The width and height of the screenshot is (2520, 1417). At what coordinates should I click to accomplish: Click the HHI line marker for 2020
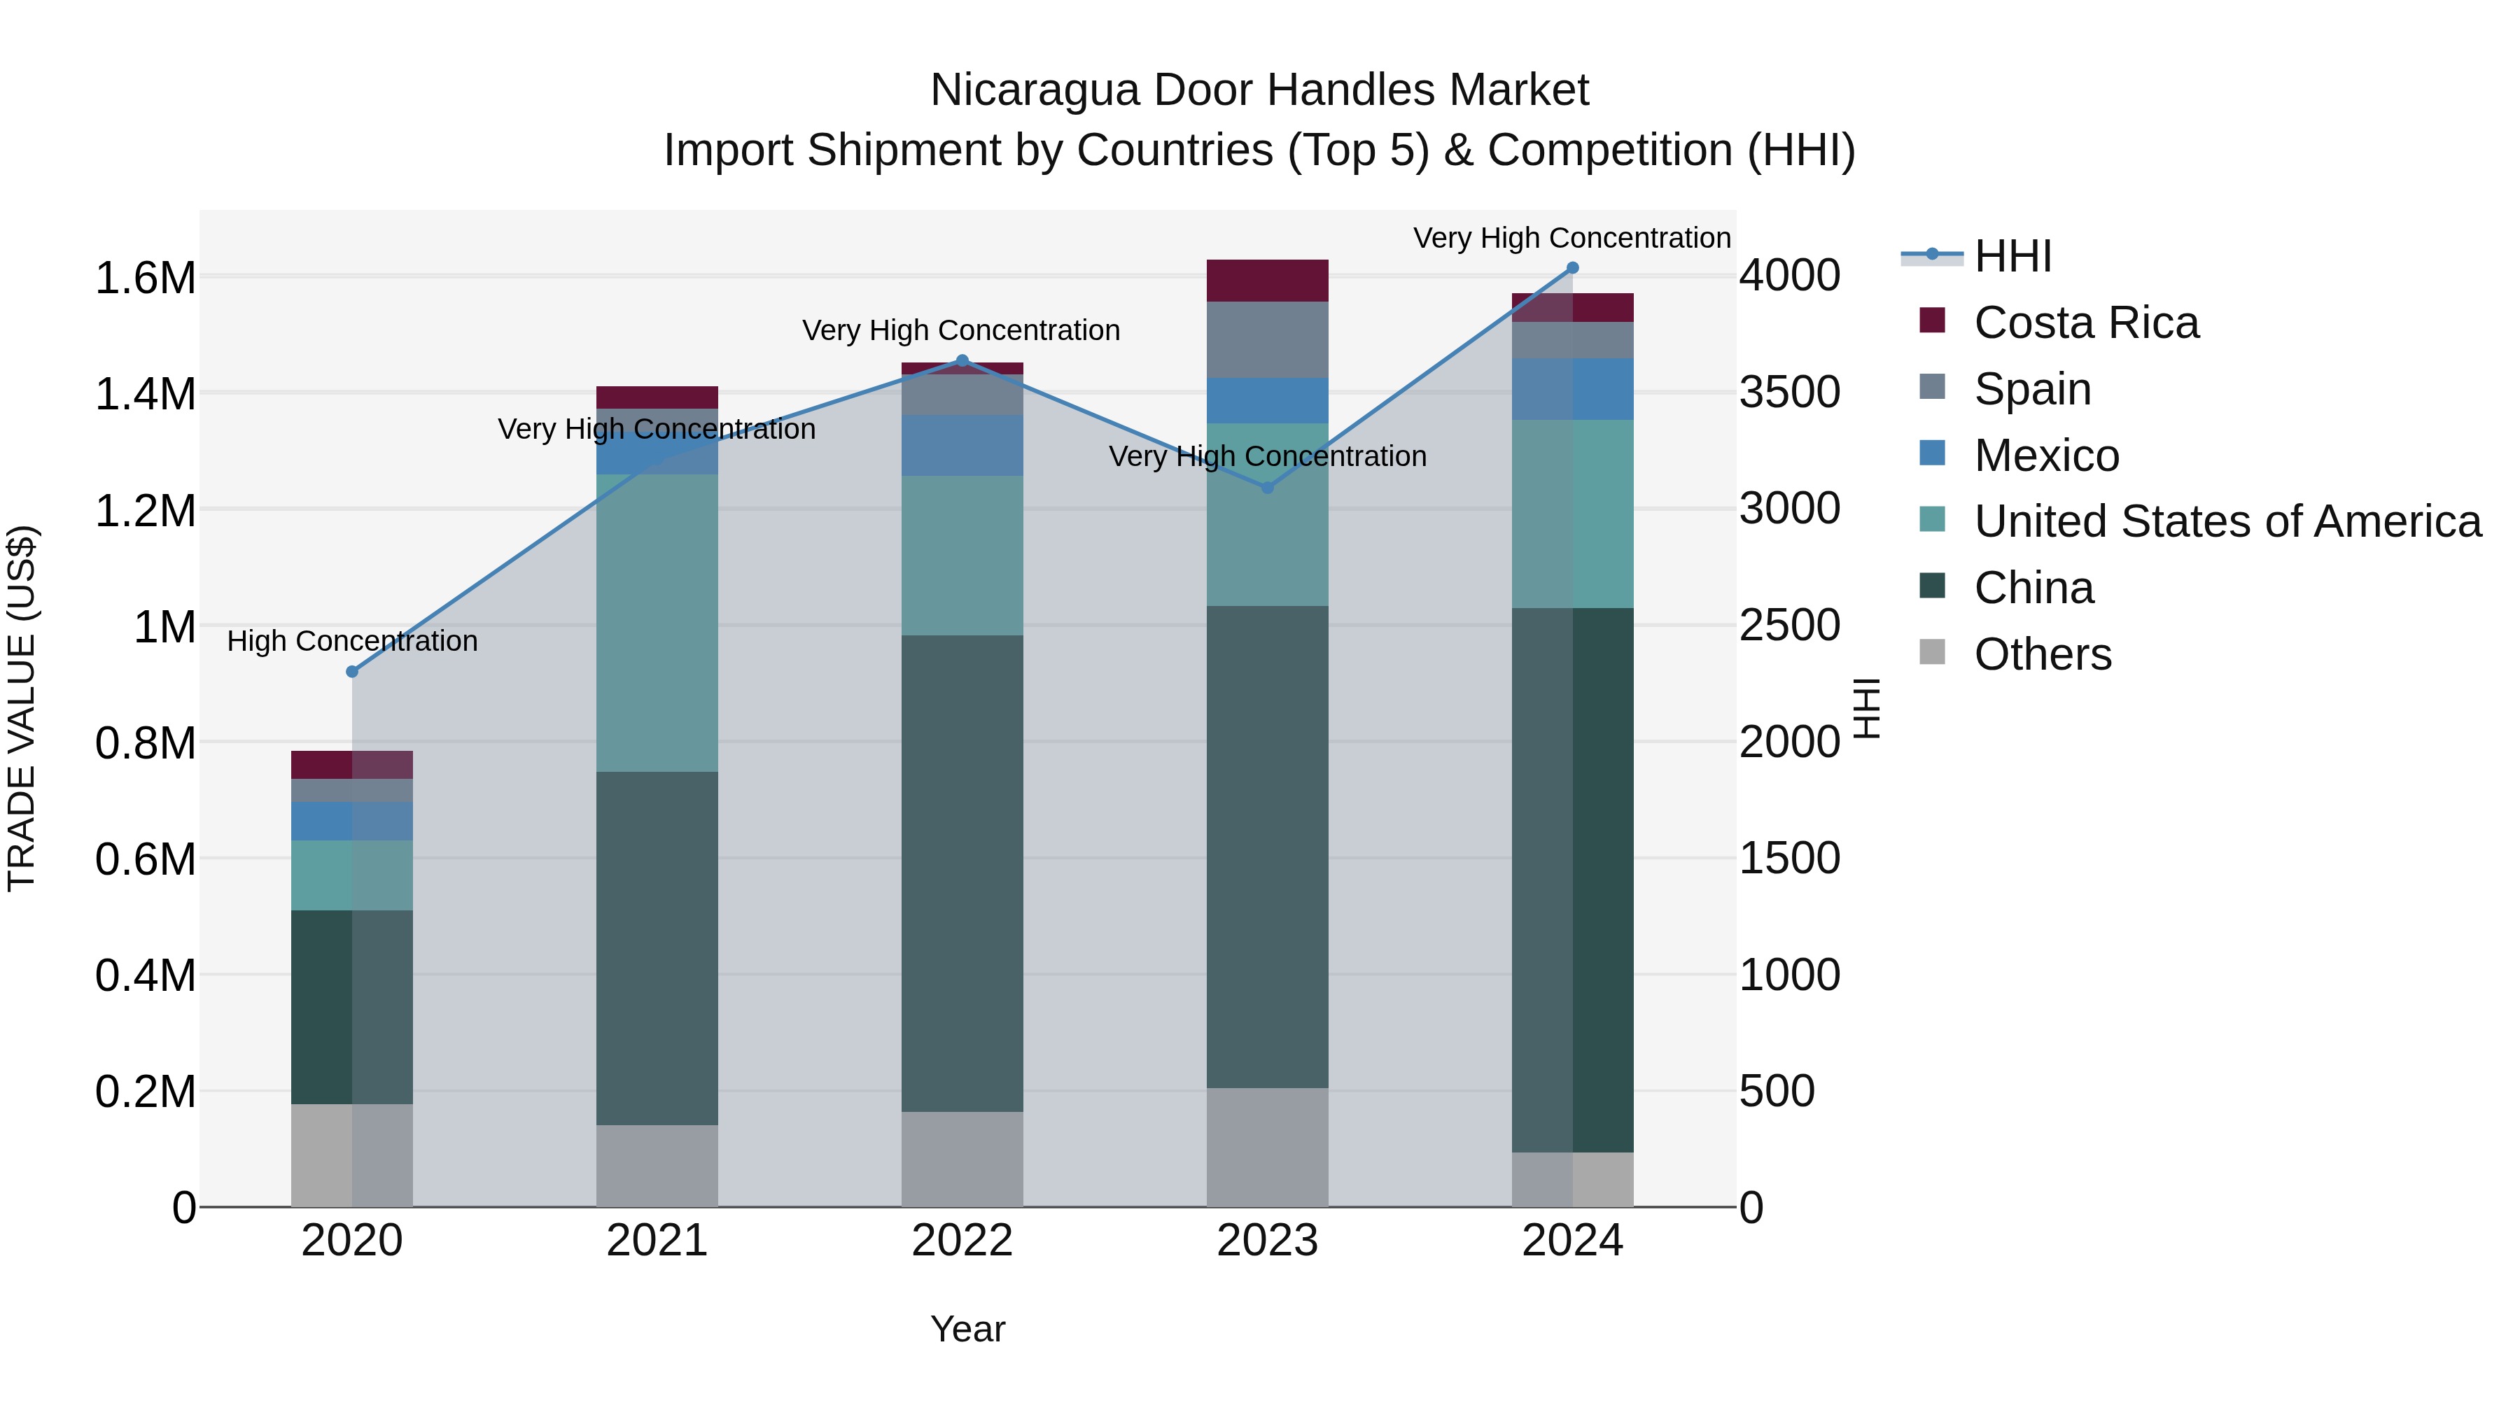[352, 672]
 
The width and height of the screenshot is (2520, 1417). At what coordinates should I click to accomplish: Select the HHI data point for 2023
[1268, 487]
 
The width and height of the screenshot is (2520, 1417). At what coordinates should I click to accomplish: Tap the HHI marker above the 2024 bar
[1573, 268]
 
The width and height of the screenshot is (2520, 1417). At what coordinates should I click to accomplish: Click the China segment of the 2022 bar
[962, 873]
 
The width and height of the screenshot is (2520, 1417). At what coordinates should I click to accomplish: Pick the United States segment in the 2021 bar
[657, 623]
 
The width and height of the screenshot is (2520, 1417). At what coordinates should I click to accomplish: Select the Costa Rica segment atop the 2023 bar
[1267, 281]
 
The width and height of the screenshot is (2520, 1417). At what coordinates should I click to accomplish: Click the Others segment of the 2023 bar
[1267, 1146]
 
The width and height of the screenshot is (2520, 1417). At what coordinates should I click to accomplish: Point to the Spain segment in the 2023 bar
[1267, 339]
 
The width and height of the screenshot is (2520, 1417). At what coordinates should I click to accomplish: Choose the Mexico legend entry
[2047, 456]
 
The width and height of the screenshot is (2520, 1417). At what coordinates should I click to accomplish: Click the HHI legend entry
[2012, 256]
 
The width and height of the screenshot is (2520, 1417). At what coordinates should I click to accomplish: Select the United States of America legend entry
[2227, 521]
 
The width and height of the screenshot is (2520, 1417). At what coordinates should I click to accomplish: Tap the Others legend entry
[2043, 654]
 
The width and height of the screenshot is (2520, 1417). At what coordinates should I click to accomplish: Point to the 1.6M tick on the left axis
[145, 279]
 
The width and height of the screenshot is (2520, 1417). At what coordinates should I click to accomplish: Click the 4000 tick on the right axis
[1789, 276]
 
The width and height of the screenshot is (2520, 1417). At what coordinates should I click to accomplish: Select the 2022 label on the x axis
[962, 1241]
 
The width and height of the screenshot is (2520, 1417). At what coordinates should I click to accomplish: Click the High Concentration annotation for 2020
[352, 642]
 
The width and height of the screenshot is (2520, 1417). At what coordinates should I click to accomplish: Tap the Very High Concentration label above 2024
[1572, 238]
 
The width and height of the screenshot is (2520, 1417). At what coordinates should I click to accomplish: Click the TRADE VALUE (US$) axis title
[22, 708]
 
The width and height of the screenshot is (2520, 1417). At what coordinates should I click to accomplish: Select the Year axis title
[967, 1329]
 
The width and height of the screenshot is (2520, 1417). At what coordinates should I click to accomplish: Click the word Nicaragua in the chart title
[1034, 90]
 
